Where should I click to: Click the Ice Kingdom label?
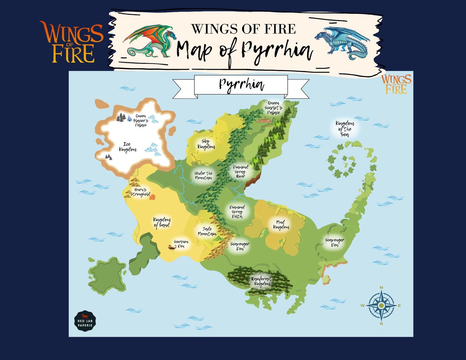(128, 147)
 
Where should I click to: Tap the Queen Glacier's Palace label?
(141, 121)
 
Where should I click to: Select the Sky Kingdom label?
(206, 144)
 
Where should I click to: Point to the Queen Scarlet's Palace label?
(273, 108)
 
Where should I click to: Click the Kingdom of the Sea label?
(345, 129)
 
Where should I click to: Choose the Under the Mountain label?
(203, 175)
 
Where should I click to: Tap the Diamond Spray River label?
(240, 172)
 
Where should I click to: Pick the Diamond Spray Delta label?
(237, 212)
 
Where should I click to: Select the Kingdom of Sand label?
(162, 222)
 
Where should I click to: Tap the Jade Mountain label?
(207, 231)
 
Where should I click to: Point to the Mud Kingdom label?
(281, 225)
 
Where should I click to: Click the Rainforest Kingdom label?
(261, 281)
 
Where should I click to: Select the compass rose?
(381, 305)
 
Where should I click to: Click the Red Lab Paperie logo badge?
(85, 321)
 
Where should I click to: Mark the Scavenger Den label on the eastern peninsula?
(335, 242)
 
